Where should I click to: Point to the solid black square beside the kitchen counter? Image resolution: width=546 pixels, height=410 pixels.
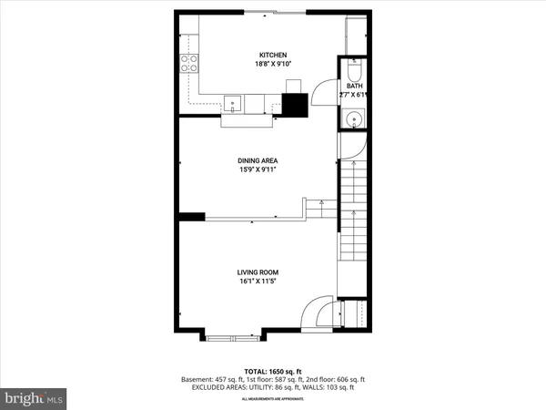pos(295,104)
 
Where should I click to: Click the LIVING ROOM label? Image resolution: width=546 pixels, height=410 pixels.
pos(258,272)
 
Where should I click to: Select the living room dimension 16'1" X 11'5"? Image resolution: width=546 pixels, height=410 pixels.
pos(258,282)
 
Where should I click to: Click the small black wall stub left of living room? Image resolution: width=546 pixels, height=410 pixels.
pos(191,217)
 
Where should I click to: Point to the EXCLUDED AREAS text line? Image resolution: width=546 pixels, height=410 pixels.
pos(273,387)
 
